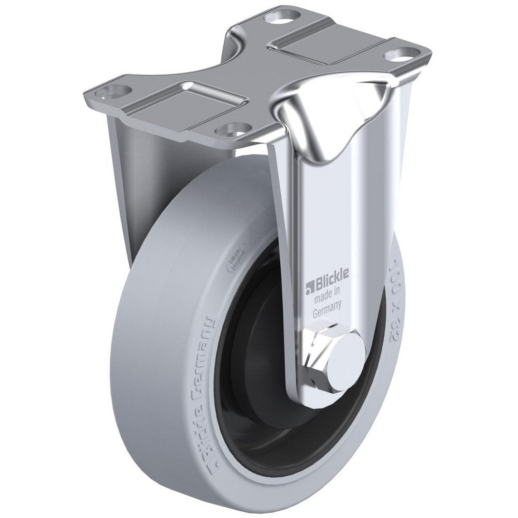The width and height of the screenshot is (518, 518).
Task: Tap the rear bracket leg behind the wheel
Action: click(124, 171)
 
